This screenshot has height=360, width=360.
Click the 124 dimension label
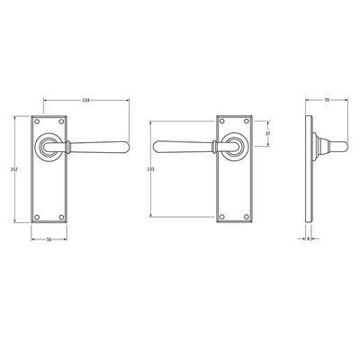click(86, 101)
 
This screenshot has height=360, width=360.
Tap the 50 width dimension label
click(49, 239)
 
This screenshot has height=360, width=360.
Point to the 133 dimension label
click(151, 169)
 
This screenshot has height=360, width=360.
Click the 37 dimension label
click(268, 134)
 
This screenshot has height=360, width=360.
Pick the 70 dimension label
click(327, 100)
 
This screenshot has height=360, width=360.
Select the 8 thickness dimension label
click(308, 239)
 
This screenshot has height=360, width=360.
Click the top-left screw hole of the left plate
click(37, 121)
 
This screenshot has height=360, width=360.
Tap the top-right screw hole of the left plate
click(61, 121)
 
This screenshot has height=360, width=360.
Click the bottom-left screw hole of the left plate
click(37, 217)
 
